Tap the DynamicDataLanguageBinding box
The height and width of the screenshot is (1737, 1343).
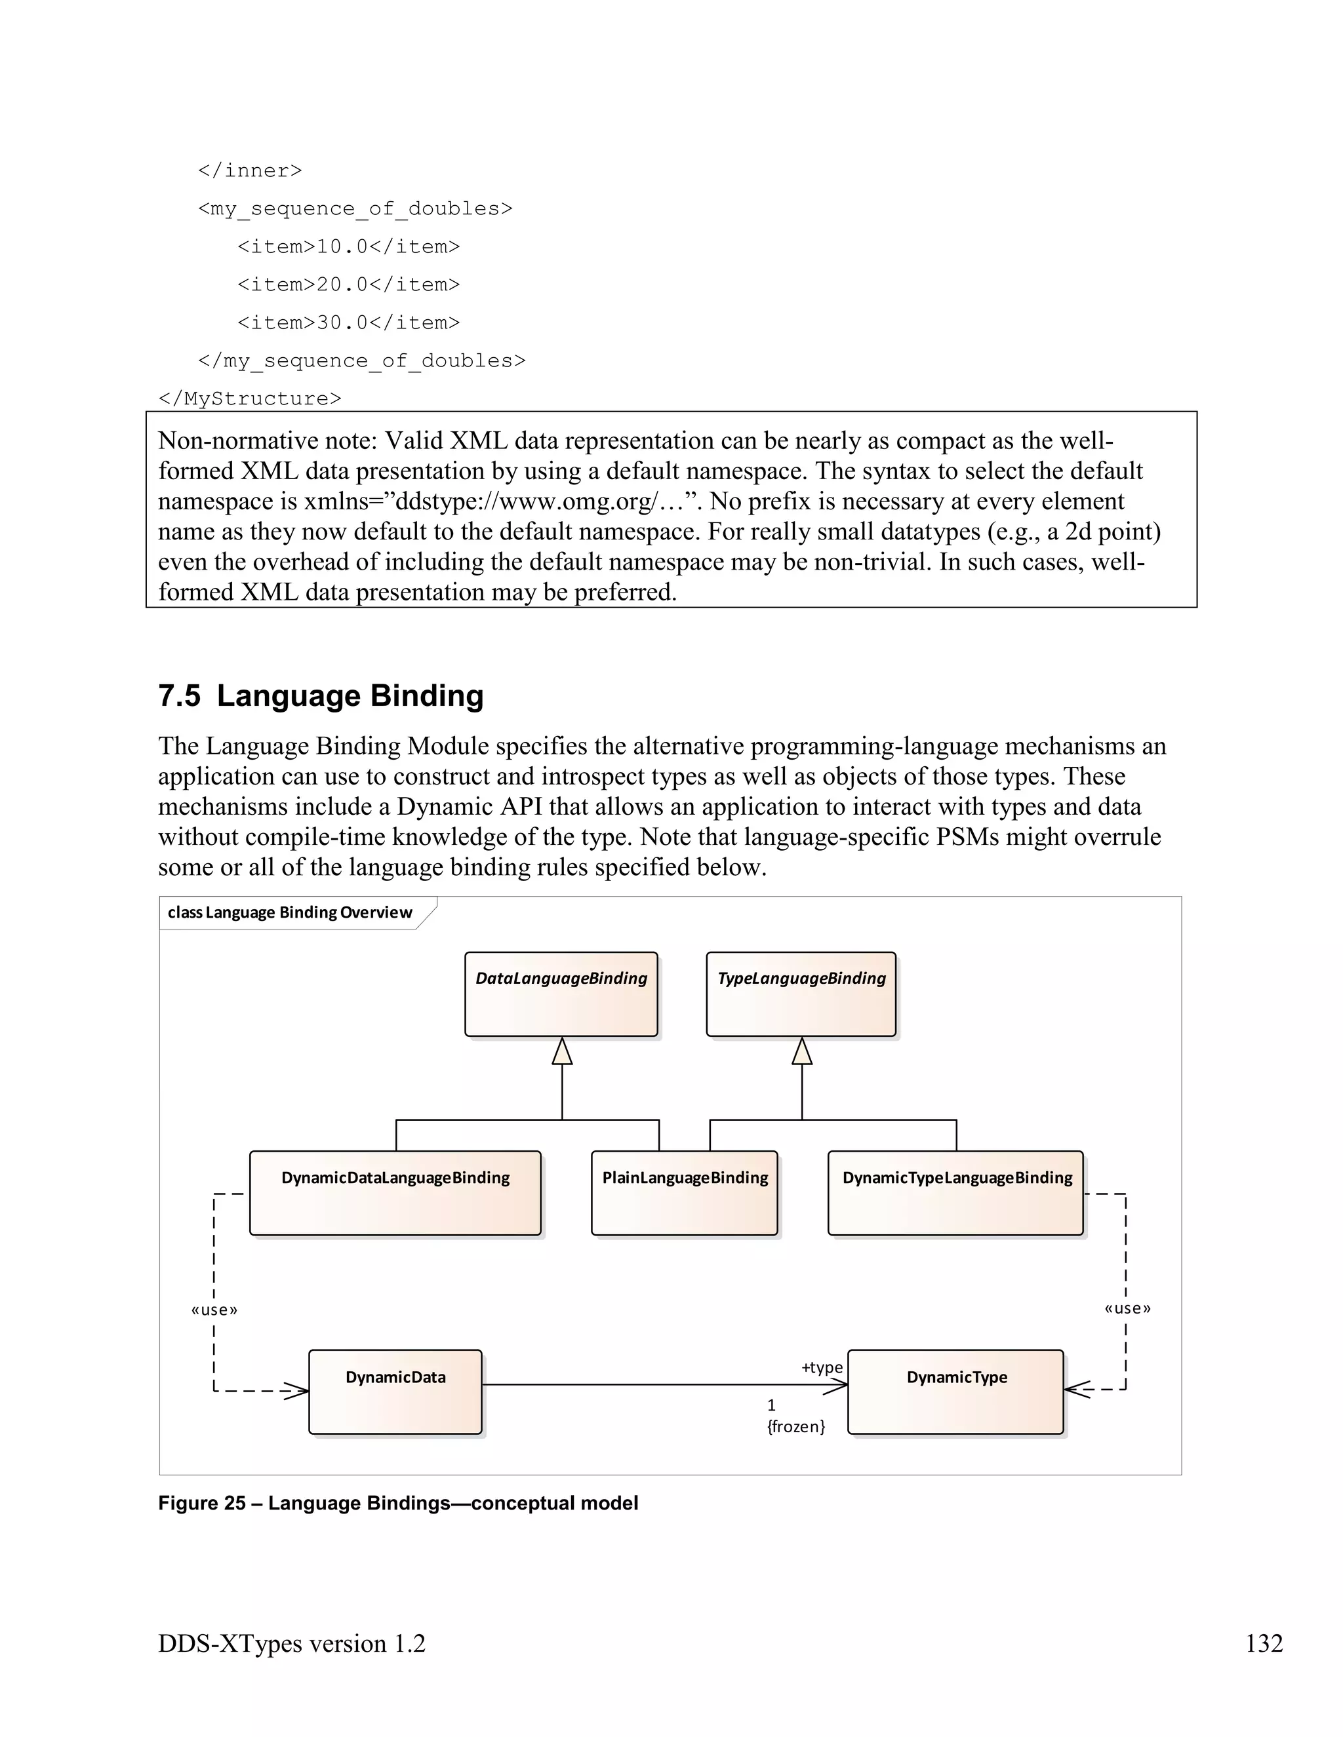(x=395, y=1192)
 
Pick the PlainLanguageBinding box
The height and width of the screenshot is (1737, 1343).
(x=684, y=1192)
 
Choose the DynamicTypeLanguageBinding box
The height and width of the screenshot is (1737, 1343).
(x=956, y=1192)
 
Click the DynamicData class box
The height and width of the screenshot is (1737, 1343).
(x=395, y=1391)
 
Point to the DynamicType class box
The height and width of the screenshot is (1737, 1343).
(x=956, y=1391)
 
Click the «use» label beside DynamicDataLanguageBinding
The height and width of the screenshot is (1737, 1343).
(x=214, y=1310)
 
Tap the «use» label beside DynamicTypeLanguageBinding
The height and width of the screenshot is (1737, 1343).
(x=1127, y=1308)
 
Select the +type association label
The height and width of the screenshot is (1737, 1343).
(x=822, y=1367)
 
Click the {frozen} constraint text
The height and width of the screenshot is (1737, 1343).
(x=795, y=1426)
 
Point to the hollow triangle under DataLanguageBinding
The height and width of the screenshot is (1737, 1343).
(x=563, y=1051)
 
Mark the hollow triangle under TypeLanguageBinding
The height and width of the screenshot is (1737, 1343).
(x=802, y=1051)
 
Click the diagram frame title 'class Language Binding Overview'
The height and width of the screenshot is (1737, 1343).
(x=290, y=912)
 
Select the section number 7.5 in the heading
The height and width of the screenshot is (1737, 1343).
(x=179, y=696)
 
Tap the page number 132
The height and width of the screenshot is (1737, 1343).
(x=1264, y=1643)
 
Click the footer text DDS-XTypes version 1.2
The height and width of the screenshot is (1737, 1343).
(x=292, y=1643)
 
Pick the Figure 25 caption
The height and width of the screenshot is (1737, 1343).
(x=398, y=1502)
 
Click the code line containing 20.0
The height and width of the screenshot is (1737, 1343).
(x=348, y=284)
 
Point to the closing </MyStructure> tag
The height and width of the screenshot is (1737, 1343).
(x=250, y=399)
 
